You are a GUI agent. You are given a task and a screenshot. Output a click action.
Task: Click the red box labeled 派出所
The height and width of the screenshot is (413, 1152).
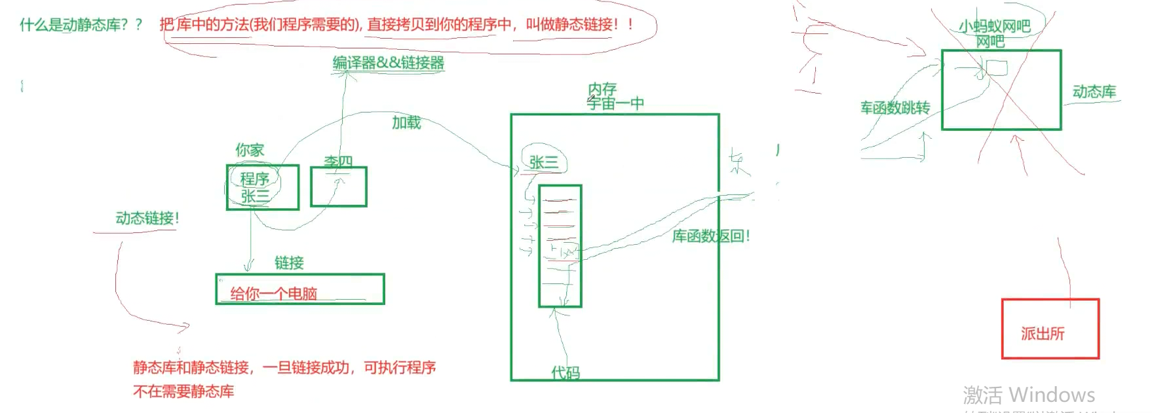[x=1050, y=329]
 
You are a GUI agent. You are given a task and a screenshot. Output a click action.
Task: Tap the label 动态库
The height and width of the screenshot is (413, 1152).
[x=1094, y=92]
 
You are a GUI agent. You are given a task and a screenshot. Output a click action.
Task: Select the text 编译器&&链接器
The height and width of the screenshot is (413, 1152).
[x=388, y=63]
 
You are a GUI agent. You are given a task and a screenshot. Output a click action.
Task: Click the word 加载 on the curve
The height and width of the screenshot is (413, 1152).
[x=406, y=122]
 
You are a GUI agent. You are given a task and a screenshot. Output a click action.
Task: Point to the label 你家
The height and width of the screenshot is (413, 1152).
[x=250, y=150]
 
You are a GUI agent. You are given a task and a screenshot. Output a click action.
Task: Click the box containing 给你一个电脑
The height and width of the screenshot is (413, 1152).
[x=299, y=289]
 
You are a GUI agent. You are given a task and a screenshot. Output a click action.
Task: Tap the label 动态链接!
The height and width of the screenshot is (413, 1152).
[x=147, y=218]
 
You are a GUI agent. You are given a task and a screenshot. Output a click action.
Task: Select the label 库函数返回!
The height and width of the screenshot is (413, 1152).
[x=710, y=236]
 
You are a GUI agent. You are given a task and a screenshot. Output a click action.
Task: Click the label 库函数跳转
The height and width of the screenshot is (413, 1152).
[x=895, y=107]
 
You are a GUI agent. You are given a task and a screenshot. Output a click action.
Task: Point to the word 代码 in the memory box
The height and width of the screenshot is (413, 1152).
[x=565, y=372]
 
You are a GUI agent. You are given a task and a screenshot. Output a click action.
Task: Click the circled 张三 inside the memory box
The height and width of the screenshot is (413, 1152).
[x=544, y=162]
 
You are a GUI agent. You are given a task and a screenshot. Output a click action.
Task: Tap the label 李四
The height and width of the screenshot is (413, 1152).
[x=338, y=162]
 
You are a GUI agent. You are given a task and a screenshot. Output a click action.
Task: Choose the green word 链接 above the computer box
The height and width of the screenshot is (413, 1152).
[x=289, y=263]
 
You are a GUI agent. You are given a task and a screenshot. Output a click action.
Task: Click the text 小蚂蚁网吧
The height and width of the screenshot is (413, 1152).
[x=994, y=26]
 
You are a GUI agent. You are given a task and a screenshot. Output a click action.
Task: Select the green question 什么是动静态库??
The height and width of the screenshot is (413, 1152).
[x=81, y=25]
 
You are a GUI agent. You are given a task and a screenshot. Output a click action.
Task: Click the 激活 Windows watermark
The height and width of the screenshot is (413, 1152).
[x=1028, y=395]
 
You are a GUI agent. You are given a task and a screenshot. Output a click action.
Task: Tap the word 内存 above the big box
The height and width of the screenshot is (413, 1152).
[x=602, y=88]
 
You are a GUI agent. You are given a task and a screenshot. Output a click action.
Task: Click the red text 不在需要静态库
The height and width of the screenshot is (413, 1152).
[x=183, y=391]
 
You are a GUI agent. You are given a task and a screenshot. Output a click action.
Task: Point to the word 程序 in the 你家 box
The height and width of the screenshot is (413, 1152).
[x=254, y=179]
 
